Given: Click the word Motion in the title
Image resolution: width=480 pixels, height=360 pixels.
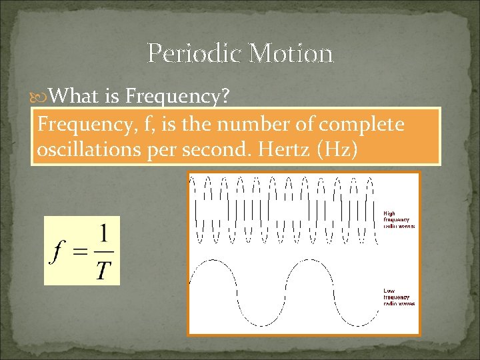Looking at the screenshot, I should pos(291,53).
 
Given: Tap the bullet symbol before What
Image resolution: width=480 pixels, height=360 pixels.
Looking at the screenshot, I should pos(41,97).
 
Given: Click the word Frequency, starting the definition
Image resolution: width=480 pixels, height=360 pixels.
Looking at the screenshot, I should pos(77,125).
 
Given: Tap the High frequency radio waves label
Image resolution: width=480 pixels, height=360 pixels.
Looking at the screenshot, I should pos(398,220).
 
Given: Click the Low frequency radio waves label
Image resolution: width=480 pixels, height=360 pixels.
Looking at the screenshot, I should pos(398,297).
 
